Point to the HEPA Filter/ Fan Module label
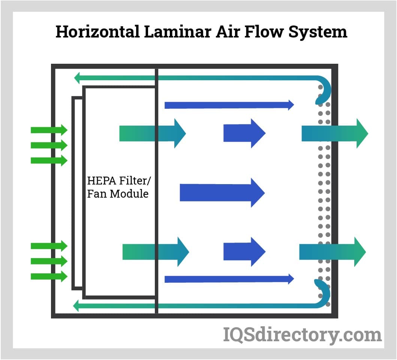(x=118, y=187)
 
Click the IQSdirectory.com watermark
(x=302, y=334)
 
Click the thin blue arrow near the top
(x=229, y=105)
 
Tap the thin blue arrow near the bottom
(x=229, y=279)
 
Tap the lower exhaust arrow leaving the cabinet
(x=332, y=252)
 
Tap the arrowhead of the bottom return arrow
(x=77, y=306)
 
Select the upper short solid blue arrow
(x=244, y=133)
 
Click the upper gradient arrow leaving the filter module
(x=152, y=133)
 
